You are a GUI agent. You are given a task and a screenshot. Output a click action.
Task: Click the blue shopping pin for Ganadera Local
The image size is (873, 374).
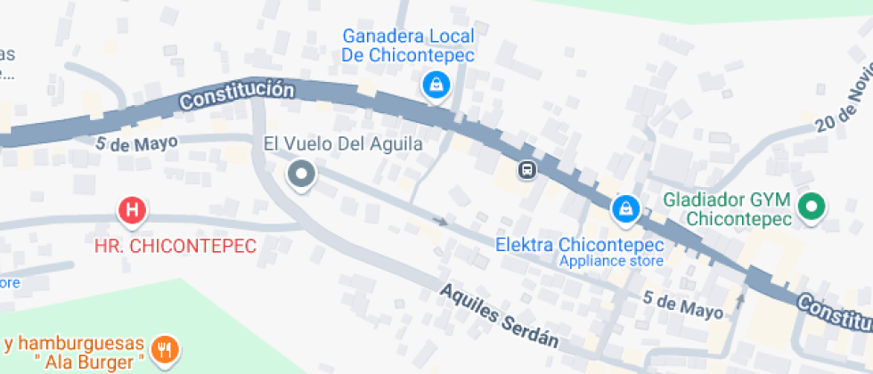tap(436, 85)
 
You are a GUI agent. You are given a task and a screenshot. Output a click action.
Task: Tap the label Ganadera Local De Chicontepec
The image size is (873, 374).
tap(409, 45)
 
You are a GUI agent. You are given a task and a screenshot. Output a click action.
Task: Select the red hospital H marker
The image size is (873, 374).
tap(132, 211)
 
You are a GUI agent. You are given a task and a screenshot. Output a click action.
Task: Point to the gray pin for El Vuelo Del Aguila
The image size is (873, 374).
tap(302, 174)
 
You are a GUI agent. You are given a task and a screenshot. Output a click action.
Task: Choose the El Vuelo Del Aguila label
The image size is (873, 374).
tap(343, 142)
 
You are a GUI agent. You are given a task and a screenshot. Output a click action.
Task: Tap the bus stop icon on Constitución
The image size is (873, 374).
tap(527, 169)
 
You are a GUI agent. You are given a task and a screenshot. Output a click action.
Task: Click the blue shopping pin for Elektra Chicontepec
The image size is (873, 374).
tap(626, 209)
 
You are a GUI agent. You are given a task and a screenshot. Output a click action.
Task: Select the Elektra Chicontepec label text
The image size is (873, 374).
tap(580, 245)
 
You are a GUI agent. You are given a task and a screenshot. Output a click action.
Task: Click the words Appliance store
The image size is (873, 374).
tap(611, 261)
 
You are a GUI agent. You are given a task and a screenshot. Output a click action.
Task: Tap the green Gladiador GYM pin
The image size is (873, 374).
tap(811, 208)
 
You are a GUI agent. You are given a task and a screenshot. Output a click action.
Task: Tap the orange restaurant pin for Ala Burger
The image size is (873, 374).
tap(164, 349)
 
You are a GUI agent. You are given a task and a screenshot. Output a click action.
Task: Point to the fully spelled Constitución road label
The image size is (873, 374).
tap(236, 94)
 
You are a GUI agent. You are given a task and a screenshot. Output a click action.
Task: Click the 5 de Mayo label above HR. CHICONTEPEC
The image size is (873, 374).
tap(136, 142)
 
